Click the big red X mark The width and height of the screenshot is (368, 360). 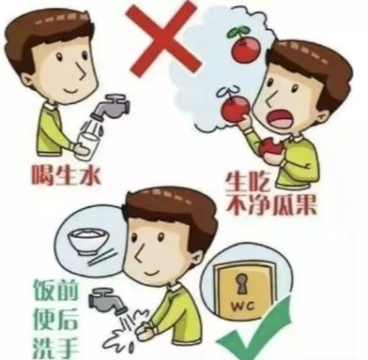[x=166, y=37]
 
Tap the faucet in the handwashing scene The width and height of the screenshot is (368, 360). [x=101, y=301]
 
